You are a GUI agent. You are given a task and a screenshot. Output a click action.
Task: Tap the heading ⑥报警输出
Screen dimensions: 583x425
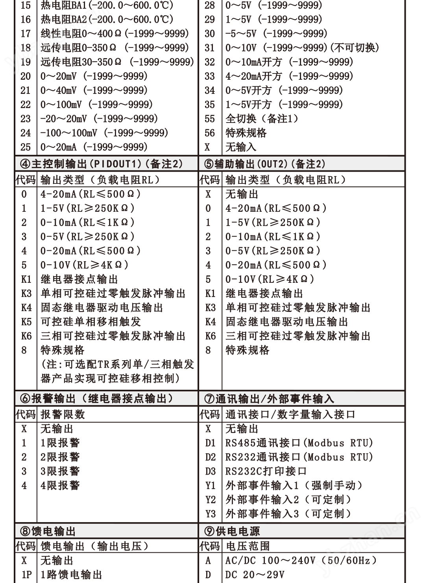pos(96,399)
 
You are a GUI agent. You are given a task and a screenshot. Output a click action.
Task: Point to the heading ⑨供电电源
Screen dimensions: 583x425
pos(232,531)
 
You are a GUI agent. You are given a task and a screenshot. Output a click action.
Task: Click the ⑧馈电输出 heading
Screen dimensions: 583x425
pos(48,531)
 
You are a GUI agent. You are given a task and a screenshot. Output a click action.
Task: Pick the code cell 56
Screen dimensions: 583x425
pos(210,133)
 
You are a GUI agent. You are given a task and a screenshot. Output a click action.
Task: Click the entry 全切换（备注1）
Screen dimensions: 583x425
pos(262,119)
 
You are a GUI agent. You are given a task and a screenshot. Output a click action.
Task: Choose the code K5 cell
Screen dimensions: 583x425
pos(26,322)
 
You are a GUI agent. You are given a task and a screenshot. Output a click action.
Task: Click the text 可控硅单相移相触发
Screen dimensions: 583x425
pos(91,322)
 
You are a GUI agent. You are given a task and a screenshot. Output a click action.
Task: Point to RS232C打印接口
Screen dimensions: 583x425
pos(266,471)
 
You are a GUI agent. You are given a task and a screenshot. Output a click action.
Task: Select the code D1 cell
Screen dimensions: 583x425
pos(211,443)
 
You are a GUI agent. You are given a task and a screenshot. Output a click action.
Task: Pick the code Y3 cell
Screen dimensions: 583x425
pos(211,513)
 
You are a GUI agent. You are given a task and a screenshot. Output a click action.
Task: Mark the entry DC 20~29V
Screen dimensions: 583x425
pos(255,575)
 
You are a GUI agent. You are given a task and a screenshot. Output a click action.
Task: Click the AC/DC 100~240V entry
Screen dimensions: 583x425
pos(301,560)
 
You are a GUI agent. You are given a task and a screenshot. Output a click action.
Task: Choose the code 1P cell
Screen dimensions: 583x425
pos(26,575)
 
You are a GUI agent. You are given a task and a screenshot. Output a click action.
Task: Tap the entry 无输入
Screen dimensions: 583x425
pos(241,147)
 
